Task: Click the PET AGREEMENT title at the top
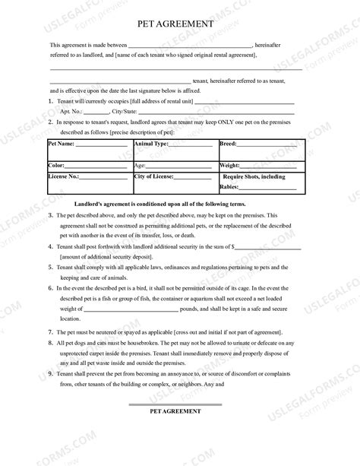coord(180,25)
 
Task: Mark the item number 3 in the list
coord(50,216)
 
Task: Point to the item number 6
coord(50,289)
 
